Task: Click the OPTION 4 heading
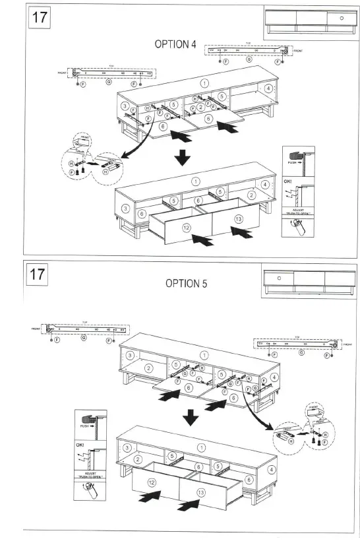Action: [x=175, y=44]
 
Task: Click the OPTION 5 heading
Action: [x=187, y=283]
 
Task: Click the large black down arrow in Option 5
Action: [x=191, y=416]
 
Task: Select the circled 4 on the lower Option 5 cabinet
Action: [x=271, y=470]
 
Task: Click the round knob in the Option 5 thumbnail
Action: [x=279, y=278]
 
